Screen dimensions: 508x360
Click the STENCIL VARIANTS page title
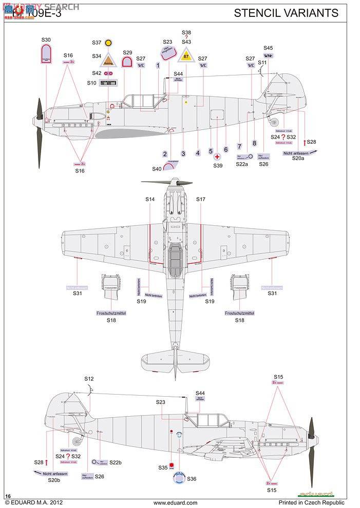286,13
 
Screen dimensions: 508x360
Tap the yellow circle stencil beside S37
108,43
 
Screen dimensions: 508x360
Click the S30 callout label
46,40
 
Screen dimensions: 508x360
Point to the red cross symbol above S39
218,157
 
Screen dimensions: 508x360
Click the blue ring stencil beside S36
178,478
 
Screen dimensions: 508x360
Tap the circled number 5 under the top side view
211,151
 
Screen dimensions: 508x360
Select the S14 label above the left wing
149,199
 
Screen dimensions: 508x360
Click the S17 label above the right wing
201,199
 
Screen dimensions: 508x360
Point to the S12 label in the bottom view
89,379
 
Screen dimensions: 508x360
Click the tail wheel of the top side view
275,122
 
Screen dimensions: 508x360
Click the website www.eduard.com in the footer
175,503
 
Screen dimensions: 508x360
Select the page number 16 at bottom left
7,496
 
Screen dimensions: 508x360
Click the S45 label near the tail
268,48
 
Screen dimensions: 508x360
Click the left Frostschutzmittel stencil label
111,313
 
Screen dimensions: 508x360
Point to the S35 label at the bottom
163,467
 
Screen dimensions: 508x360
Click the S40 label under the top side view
157,169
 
